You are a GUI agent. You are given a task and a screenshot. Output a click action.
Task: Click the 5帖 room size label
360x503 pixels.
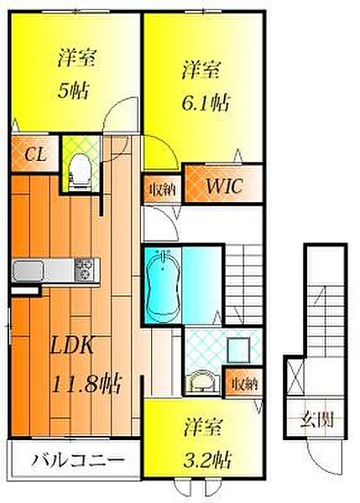[x=73, y=91]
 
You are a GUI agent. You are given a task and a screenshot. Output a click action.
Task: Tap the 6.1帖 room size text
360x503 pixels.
[x=206, y=103]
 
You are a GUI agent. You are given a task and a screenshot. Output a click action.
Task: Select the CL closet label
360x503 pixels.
[x=35, y=154]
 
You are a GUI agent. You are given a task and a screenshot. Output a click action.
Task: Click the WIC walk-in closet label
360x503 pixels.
[x=224, y=185]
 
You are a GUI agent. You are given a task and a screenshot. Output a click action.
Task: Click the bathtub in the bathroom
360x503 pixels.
[x=163, y=286]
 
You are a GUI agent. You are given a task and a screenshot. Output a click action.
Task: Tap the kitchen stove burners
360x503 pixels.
[x=85, y=270]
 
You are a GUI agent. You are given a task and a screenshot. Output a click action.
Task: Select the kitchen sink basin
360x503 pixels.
[x=28, y=271]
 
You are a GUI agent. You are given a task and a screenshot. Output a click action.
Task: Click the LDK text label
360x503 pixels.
[x=72, y=345]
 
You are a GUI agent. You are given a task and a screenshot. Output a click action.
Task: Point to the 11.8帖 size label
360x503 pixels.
[x=86, y=384]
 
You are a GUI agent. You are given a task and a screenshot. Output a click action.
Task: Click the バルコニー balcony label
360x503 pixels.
[x=77, y=460]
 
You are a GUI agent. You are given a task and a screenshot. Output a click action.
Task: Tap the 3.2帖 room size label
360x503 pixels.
[x=206, y=459]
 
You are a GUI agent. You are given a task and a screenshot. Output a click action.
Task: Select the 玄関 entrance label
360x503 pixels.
[x=316, y=419]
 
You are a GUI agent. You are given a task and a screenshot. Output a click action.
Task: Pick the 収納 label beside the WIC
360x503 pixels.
[x=163, y=189]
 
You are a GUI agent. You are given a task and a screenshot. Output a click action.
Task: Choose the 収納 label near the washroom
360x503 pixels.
[x=245, y=383]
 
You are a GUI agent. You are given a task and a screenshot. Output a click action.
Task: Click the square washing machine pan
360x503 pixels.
[x=238, y=350]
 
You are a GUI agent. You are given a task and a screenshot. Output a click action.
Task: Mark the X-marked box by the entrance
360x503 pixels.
[x=295, y=376]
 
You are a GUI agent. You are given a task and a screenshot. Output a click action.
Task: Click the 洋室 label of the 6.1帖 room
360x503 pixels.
[x=201, y=70]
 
